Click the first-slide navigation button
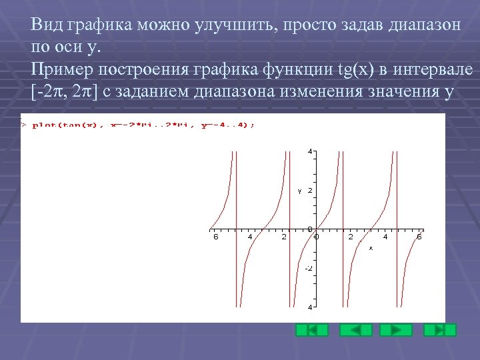312,330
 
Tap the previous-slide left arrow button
355,330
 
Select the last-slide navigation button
440,330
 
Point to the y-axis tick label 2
310,191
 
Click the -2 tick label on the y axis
309,268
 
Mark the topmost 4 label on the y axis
310,151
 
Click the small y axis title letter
299,191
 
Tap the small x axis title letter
371,247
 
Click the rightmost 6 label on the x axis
419,236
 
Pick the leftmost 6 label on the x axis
215,236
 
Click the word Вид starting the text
45,25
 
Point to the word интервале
434,69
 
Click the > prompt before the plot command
24,125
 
